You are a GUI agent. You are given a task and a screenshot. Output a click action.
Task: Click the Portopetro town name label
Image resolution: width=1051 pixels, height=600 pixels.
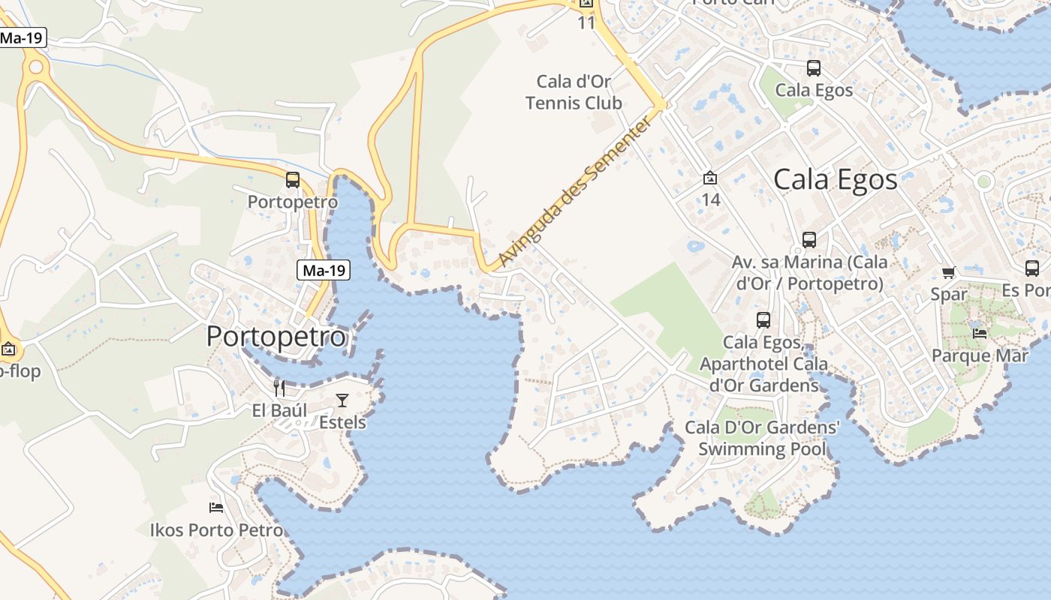pos(276,337)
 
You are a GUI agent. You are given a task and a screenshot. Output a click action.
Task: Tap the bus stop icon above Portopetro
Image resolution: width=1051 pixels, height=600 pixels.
pos(293,180)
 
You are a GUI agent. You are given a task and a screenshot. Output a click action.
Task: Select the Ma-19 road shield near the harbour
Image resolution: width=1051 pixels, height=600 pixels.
pos(324,270)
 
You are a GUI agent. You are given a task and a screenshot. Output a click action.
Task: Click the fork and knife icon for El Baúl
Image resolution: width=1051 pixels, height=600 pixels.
pos(279,388)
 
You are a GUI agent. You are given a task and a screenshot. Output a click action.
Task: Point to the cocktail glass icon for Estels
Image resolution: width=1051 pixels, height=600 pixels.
pos(342,400)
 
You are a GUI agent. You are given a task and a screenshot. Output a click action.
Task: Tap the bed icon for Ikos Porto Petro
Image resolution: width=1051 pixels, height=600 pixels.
pos(216,507)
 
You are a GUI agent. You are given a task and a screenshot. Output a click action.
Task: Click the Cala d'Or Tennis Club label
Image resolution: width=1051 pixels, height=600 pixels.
pos(574,91)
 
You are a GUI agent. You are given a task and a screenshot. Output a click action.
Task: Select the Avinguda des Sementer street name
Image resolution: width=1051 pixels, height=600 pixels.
pos(574,192)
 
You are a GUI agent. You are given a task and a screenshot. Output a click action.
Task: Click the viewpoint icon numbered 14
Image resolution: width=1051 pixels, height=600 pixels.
pos(709,178)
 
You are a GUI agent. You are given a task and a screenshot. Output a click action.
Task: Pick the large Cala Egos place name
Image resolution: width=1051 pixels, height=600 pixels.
pos(835,180)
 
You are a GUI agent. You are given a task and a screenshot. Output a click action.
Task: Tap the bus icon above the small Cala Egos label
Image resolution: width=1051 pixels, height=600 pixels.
pos(813,68)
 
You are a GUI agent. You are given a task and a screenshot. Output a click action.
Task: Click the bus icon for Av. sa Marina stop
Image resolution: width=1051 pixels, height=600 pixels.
pos(809,240)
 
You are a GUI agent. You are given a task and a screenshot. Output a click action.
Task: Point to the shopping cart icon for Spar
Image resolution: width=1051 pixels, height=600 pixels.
pos(949,272)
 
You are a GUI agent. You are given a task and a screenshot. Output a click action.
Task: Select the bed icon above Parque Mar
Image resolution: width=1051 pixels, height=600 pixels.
pos(979,333)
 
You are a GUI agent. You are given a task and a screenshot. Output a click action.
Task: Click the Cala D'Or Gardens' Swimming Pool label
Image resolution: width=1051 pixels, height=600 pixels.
pos(762,438)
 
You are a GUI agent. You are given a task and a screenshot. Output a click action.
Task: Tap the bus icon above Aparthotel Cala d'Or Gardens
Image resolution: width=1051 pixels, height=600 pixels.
pos(763,320)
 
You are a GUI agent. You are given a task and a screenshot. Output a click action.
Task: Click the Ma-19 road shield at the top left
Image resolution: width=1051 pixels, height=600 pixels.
pos(22,37)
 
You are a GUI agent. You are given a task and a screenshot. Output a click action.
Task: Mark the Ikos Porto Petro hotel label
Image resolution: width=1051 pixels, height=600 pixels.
pos(216,530)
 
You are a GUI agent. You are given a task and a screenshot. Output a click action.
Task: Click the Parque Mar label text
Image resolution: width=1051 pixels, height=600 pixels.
pos(980,355)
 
